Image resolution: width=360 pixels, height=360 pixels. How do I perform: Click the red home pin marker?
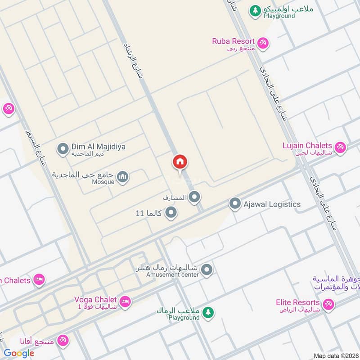point(180,162)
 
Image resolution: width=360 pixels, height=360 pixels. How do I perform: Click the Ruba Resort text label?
point(234,41)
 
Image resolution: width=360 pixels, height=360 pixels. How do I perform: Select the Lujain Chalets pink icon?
point(340,147)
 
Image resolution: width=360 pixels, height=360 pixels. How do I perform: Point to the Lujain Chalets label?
point(307,146)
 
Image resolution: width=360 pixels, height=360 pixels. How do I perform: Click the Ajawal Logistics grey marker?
point(234,204)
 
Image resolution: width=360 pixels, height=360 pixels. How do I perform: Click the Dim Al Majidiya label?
point(99,147)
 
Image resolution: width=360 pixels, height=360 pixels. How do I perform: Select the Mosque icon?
point(123,178)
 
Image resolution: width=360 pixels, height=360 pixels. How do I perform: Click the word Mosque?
point(103,182)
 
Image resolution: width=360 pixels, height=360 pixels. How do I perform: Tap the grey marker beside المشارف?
point(194,197)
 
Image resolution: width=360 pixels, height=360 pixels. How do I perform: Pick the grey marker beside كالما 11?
point(171,212)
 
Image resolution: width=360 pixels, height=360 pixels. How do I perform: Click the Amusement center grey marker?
point(207,270)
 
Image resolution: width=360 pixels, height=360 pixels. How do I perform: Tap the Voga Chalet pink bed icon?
point(126,301)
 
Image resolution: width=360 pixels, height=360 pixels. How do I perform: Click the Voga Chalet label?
point(96,300)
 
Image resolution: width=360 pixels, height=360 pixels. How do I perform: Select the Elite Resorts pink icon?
point(328,304)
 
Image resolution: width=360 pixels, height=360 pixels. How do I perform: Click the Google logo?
point(19,353)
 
